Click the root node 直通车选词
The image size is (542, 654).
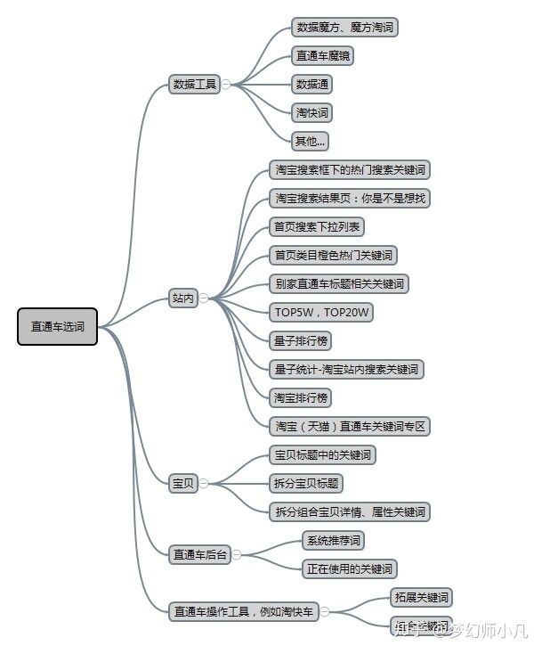tap(58, 327)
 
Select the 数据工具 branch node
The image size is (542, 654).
tap(194, 85)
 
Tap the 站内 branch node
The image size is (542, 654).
tap(182, 298)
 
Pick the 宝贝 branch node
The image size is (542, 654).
tap(182, 483)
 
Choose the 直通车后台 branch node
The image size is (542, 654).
tap(200, 554)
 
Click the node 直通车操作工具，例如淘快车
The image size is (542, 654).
tap(244, 611)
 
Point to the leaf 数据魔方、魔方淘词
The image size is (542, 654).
tap(344, 27)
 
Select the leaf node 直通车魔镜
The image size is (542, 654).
tap(322, 55)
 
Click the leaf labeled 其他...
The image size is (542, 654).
tap(311, 141)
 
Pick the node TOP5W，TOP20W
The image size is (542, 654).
tap(321, 312)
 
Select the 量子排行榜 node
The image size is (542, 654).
tap(303, 340)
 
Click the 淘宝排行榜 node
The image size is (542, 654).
tap(302, 397)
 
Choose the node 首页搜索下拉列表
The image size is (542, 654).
tap(317, 226)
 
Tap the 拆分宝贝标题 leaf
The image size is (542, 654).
tap(306, 483)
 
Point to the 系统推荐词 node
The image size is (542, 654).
tap(334, 540)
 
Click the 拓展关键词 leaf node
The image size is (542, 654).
tap(421, 597)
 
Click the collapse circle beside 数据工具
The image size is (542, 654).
tap(226, 85)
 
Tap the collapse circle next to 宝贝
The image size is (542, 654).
tap(204, 483)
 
